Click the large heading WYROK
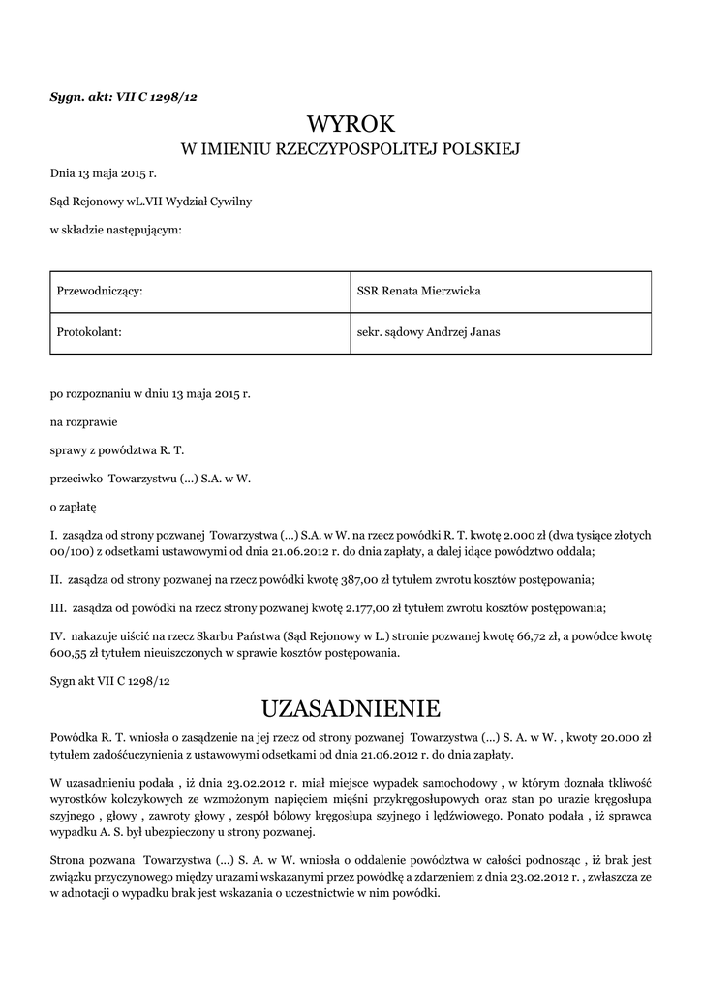click(351, 124)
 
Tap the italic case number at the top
click(123, 96)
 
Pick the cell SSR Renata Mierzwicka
click(418, 292)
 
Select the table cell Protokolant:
click(89, 332)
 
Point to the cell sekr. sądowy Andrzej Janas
click(428, 332)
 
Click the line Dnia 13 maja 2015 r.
click(103, 174)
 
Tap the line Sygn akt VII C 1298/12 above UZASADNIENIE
click(109, 681)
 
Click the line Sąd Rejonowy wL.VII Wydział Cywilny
click(150, 201)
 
